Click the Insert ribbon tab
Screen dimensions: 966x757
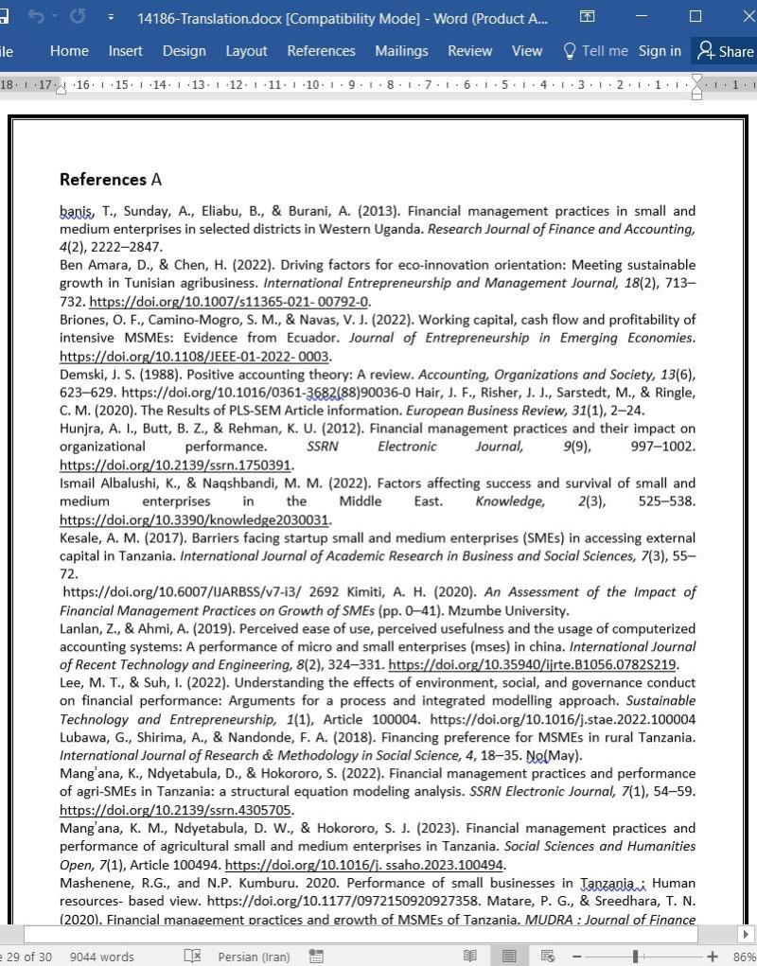(125, 51)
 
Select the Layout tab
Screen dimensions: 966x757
(246, 51)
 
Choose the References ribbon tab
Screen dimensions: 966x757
(321, 51)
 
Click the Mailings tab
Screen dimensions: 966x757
(401, 51)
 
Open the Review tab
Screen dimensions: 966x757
(469, 51)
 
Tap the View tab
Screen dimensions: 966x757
(527, 51)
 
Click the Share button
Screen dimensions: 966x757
(725, 51)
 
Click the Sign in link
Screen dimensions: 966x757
(660, 51)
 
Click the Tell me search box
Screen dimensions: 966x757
(595, 51)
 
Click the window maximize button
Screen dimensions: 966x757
(695, 17)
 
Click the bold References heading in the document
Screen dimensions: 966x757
(102, 180)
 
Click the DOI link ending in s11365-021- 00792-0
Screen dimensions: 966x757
(229, 302)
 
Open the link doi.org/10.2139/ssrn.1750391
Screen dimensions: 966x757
(175, 465)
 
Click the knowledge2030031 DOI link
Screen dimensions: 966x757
(194, 519)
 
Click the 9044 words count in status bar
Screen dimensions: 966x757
(102, 957)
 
